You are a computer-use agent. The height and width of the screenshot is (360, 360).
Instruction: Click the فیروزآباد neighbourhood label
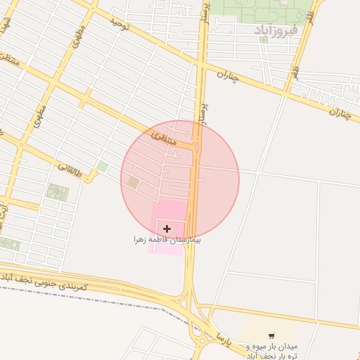(x=276, y=30)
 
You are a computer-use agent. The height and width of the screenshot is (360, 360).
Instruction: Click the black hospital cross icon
(x=167, y=229)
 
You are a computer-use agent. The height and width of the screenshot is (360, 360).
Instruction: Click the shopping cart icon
(x=271, y=335)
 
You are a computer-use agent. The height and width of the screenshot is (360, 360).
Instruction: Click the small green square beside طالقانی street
(x=103, y=167)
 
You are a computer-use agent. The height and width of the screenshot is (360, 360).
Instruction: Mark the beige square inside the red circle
(x=133, y=183)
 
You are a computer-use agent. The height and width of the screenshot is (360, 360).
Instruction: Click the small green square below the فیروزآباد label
(x=264, y=39)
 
